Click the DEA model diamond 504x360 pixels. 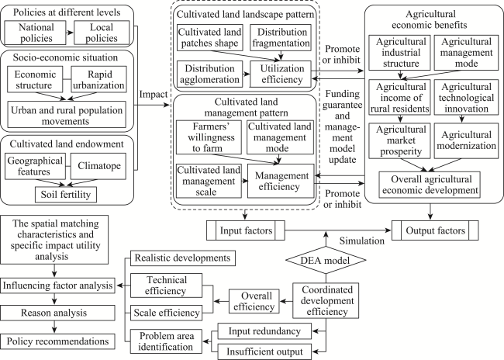326,260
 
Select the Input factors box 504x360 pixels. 246,230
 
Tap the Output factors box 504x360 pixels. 435,230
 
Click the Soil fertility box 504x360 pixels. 66,194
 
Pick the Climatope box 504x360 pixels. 98,166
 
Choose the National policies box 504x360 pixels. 36,33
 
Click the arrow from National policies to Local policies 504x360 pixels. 70,33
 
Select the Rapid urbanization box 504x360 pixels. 99,79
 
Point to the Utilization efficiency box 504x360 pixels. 281,74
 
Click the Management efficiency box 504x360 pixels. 281,181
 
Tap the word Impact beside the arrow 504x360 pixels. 154,94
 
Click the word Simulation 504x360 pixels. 362,241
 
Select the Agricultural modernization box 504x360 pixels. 466,140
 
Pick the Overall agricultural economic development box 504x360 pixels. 430,185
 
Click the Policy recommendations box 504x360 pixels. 57,341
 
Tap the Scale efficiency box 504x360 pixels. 167,313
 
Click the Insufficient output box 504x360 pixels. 264,351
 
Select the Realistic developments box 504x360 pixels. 182,258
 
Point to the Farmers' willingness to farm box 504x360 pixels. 209,137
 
